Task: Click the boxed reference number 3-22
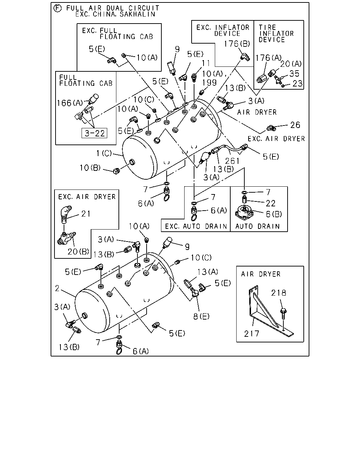coord(94,133)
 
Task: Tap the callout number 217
coord(252,334)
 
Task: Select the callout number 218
coord(279,293)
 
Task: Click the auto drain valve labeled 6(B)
coord(244,212)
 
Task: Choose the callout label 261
coord(232,161)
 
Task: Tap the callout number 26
coord(295,125)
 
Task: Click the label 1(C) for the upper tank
coord(104,153)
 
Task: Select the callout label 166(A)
coord(70,103)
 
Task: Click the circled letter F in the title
coord(58,8)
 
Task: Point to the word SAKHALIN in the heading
coord(137,14)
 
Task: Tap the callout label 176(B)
coord(237,44)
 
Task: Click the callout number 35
coord(294,73)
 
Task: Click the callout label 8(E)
coord(201,316)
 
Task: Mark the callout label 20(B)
coord(78,252)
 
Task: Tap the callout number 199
coord(209,83)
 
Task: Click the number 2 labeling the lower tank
coord(57,288)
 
